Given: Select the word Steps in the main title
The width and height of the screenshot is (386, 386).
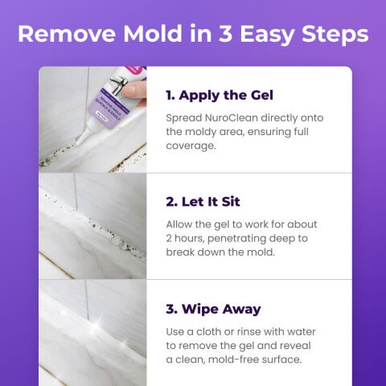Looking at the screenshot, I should coord(332,35).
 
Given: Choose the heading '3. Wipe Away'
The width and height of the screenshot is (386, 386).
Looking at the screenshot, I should coord(213,309).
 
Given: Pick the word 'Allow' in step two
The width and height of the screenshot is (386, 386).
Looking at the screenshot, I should coord(183,224).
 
